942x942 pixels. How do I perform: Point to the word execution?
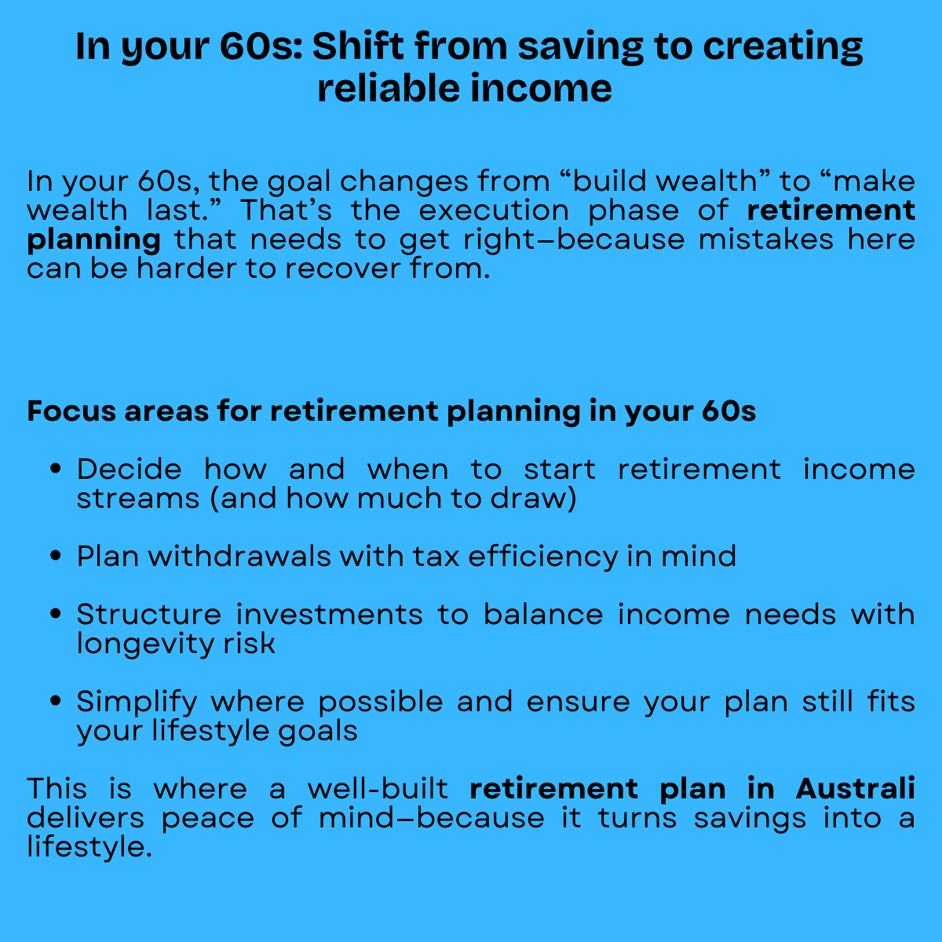coord(494,210)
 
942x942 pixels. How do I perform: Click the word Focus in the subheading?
coord(69,411)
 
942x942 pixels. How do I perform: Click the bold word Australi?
coord(855,789)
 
